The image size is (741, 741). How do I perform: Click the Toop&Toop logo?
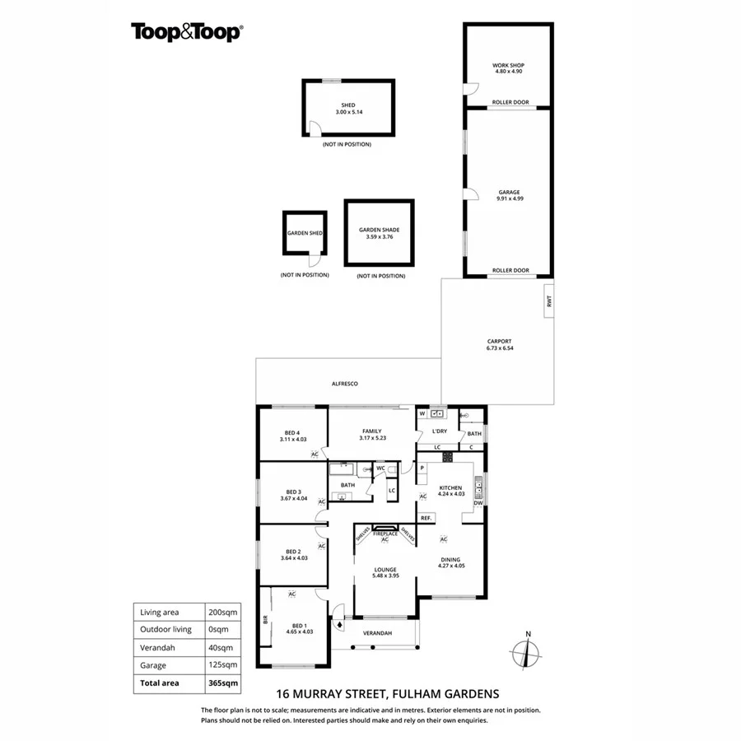pos(186,32)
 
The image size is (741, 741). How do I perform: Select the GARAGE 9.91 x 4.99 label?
pos(508,195)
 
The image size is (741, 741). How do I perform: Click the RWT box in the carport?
pos(548,301)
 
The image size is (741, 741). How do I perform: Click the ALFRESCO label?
pos(344,384)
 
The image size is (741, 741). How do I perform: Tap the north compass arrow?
pos(528,650)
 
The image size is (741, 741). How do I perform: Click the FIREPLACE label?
pos(385,534)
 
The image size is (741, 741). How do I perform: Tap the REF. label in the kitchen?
pos(426,518)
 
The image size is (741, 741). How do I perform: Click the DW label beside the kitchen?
pos(478,503)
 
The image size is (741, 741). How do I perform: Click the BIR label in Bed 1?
pos(266,619)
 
